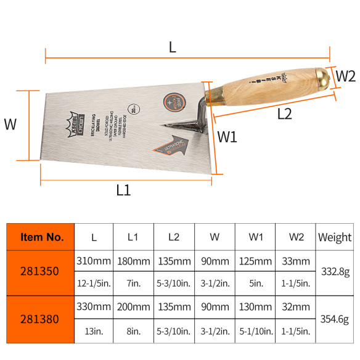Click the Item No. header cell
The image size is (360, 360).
pos(41,236)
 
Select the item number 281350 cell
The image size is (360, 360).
pos(41,272)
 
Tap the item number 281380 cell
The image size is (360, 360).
pos(41,319)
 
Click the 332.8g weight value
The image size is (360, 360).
pos(334,272)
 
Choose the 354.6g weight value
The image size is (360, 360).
pos(334,319)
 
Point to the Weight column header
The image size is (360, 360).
pos(334,237)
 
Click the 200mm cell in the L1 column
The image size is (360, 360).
pos(132,307)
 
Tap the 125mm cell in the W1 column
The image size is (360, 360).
pos(255,261)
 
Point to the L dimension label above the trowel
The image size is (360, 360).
pos(173,46)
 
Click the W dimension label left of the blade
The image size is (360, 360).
pos(11,124)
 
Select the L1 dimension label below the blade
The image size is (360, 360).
pos(124,190)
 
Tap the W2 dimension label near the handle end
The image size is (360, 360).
pos(345,76)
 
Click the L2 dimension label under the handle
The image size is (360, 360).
pos(284,113)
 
